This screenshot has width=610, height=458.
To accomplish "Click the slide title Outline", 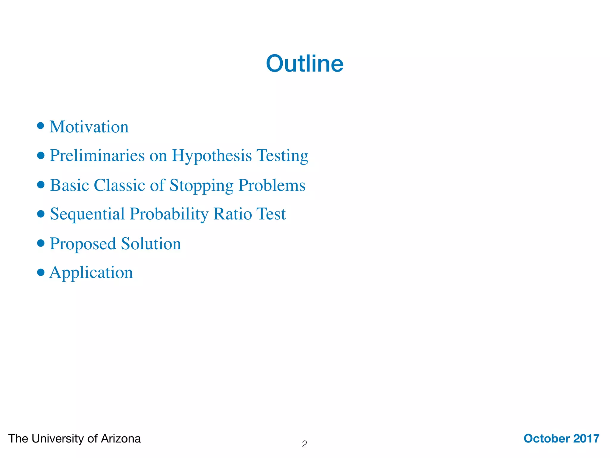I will pyautogui.click(x=305, y=64).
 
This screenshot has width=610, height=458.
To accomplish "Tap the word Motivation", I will pyautogui.click(x=89, y=127).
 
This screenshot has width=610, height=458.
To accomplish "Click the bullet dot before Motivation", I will pyautogui.click(x=41, y=126).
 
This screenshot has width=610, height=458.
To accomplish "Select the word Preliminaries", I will pyautogui.click(x=97, y=155).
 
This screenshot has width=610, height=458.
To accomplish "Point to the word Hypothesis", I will pyautogui.click(x=212, y=156).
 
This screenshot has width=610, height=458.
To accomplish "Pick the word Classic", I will pyautogui.click(x=119, y=185).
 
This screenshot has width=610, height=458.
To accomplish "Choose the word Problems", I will pyautogui.click(x=272, y=185).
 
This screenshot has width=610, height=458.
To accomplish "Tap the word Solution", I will pyautogui.click(x=151, y=244).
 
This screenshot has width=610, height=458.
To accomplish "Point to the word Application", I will pyautogui.click(x=91, y=273).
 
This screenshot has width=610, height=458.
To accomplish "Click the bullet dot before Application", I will pyautogui.click(x=41, y=272).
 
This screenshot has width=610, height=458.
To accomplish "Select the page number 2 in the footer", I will pyautogui.click(x=304, y=444).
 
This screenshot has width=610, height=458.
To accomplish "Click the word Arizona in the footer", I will pyautogui.click(x=121, y=439).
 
